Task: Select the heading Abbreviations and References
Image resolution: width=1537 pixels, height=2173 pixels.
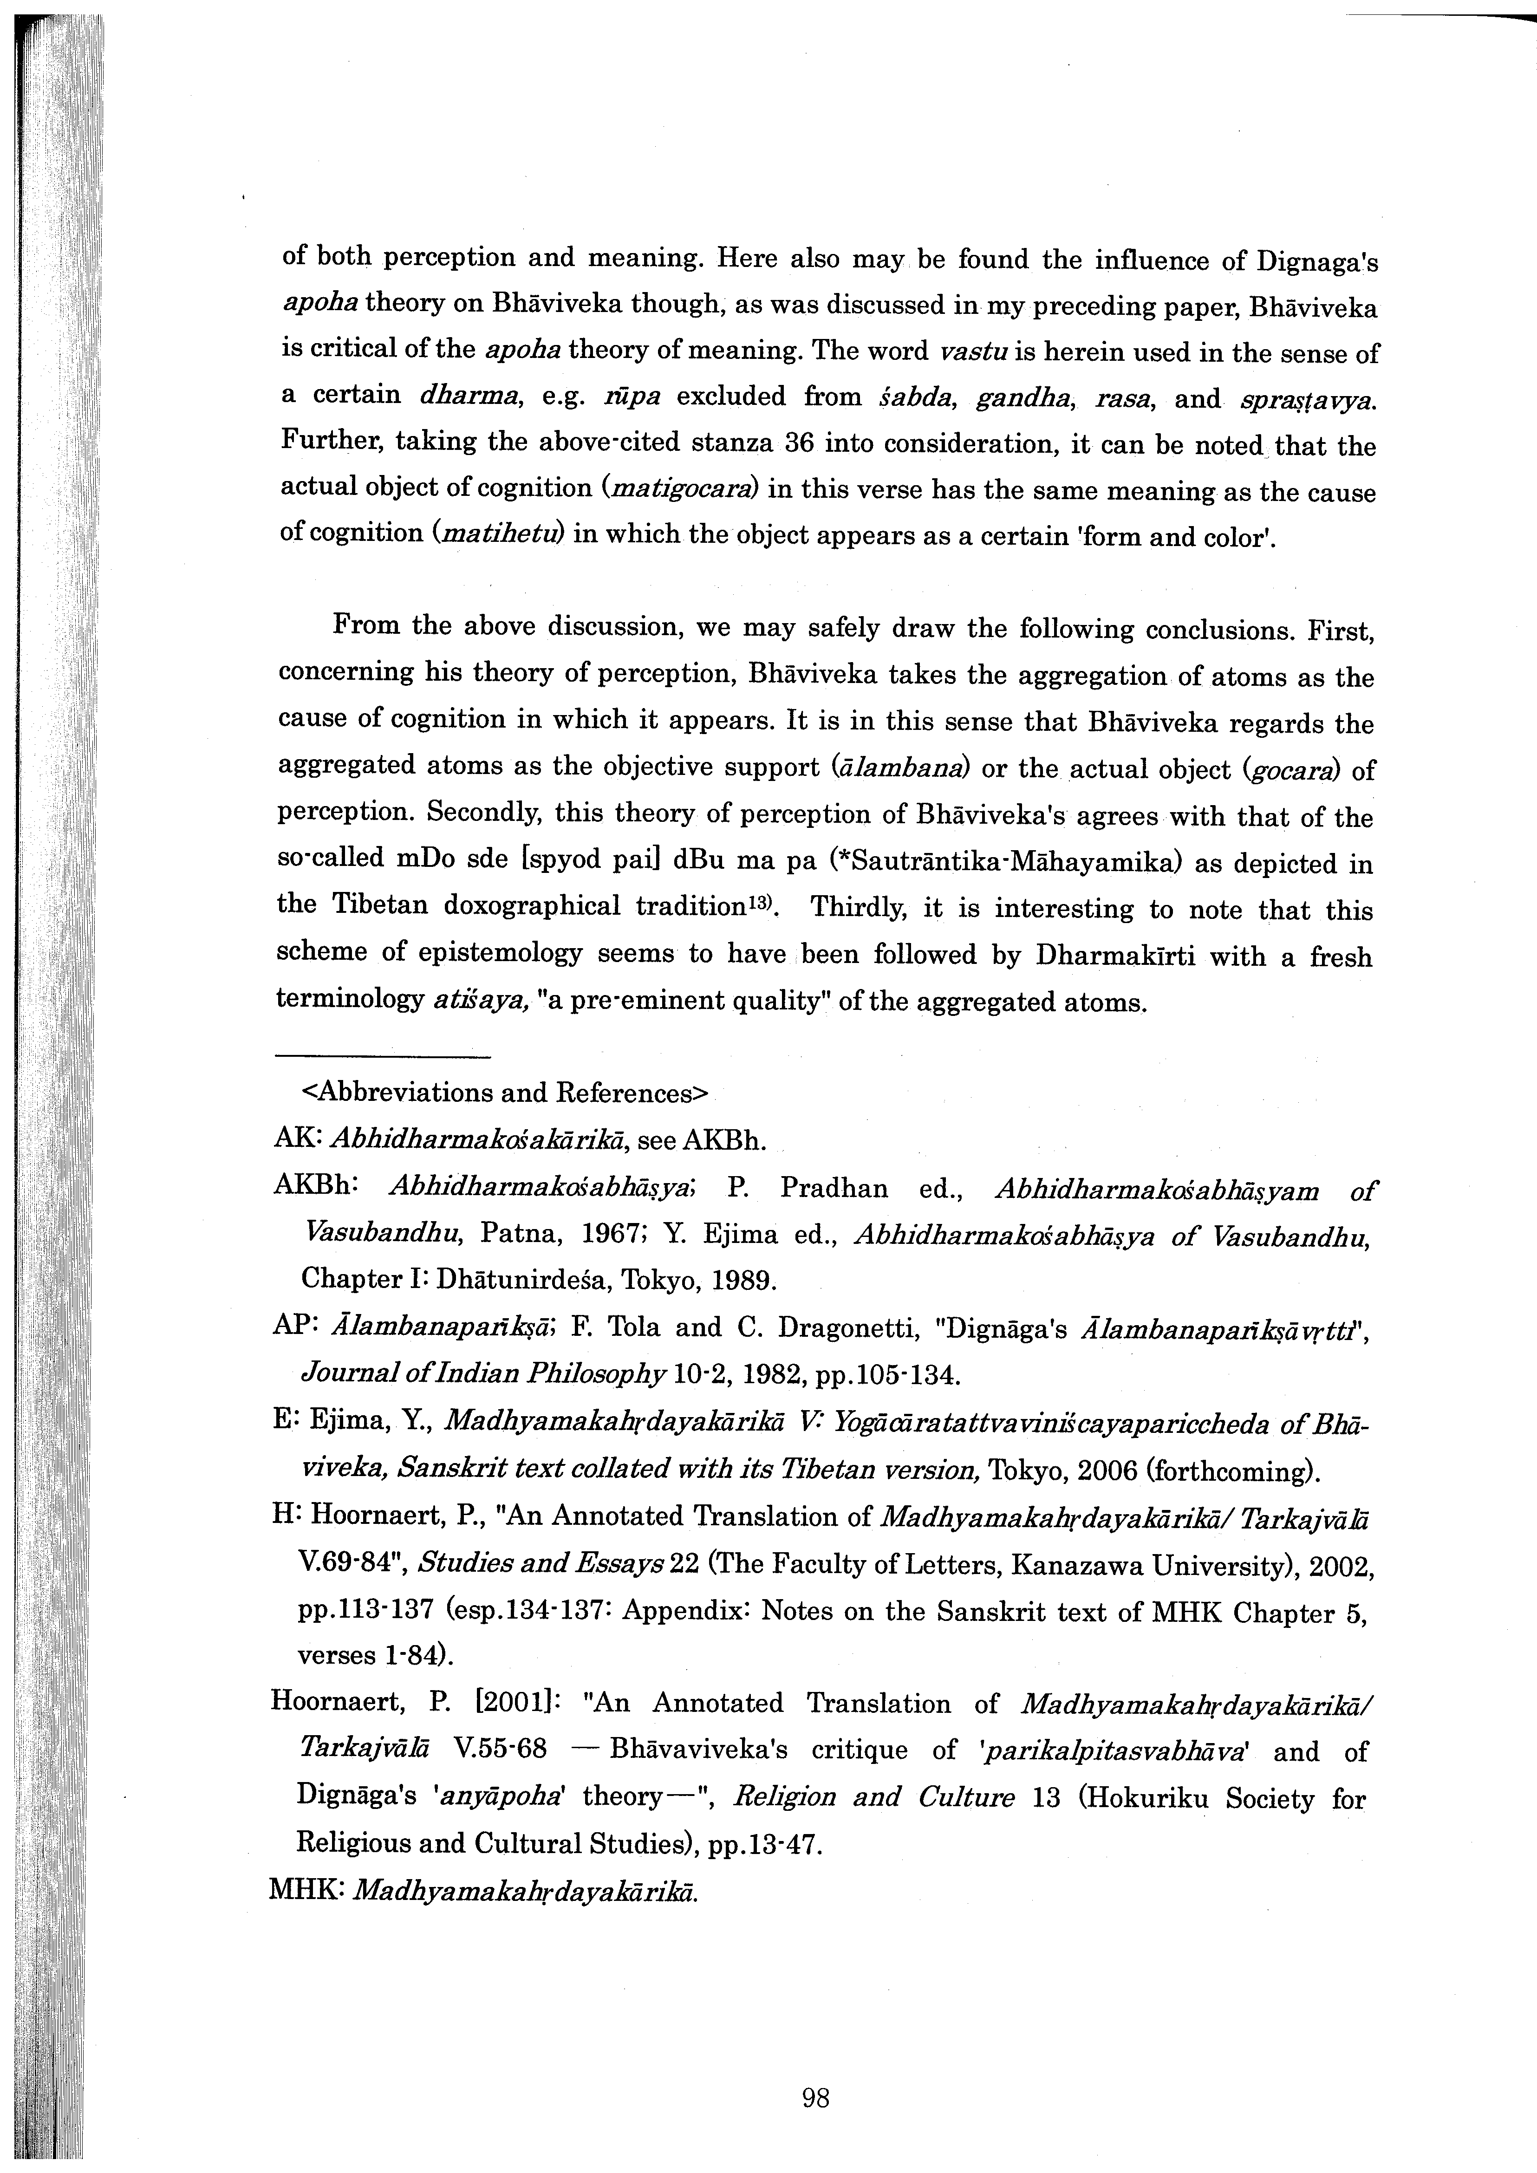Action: (x=503, y=1093)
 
